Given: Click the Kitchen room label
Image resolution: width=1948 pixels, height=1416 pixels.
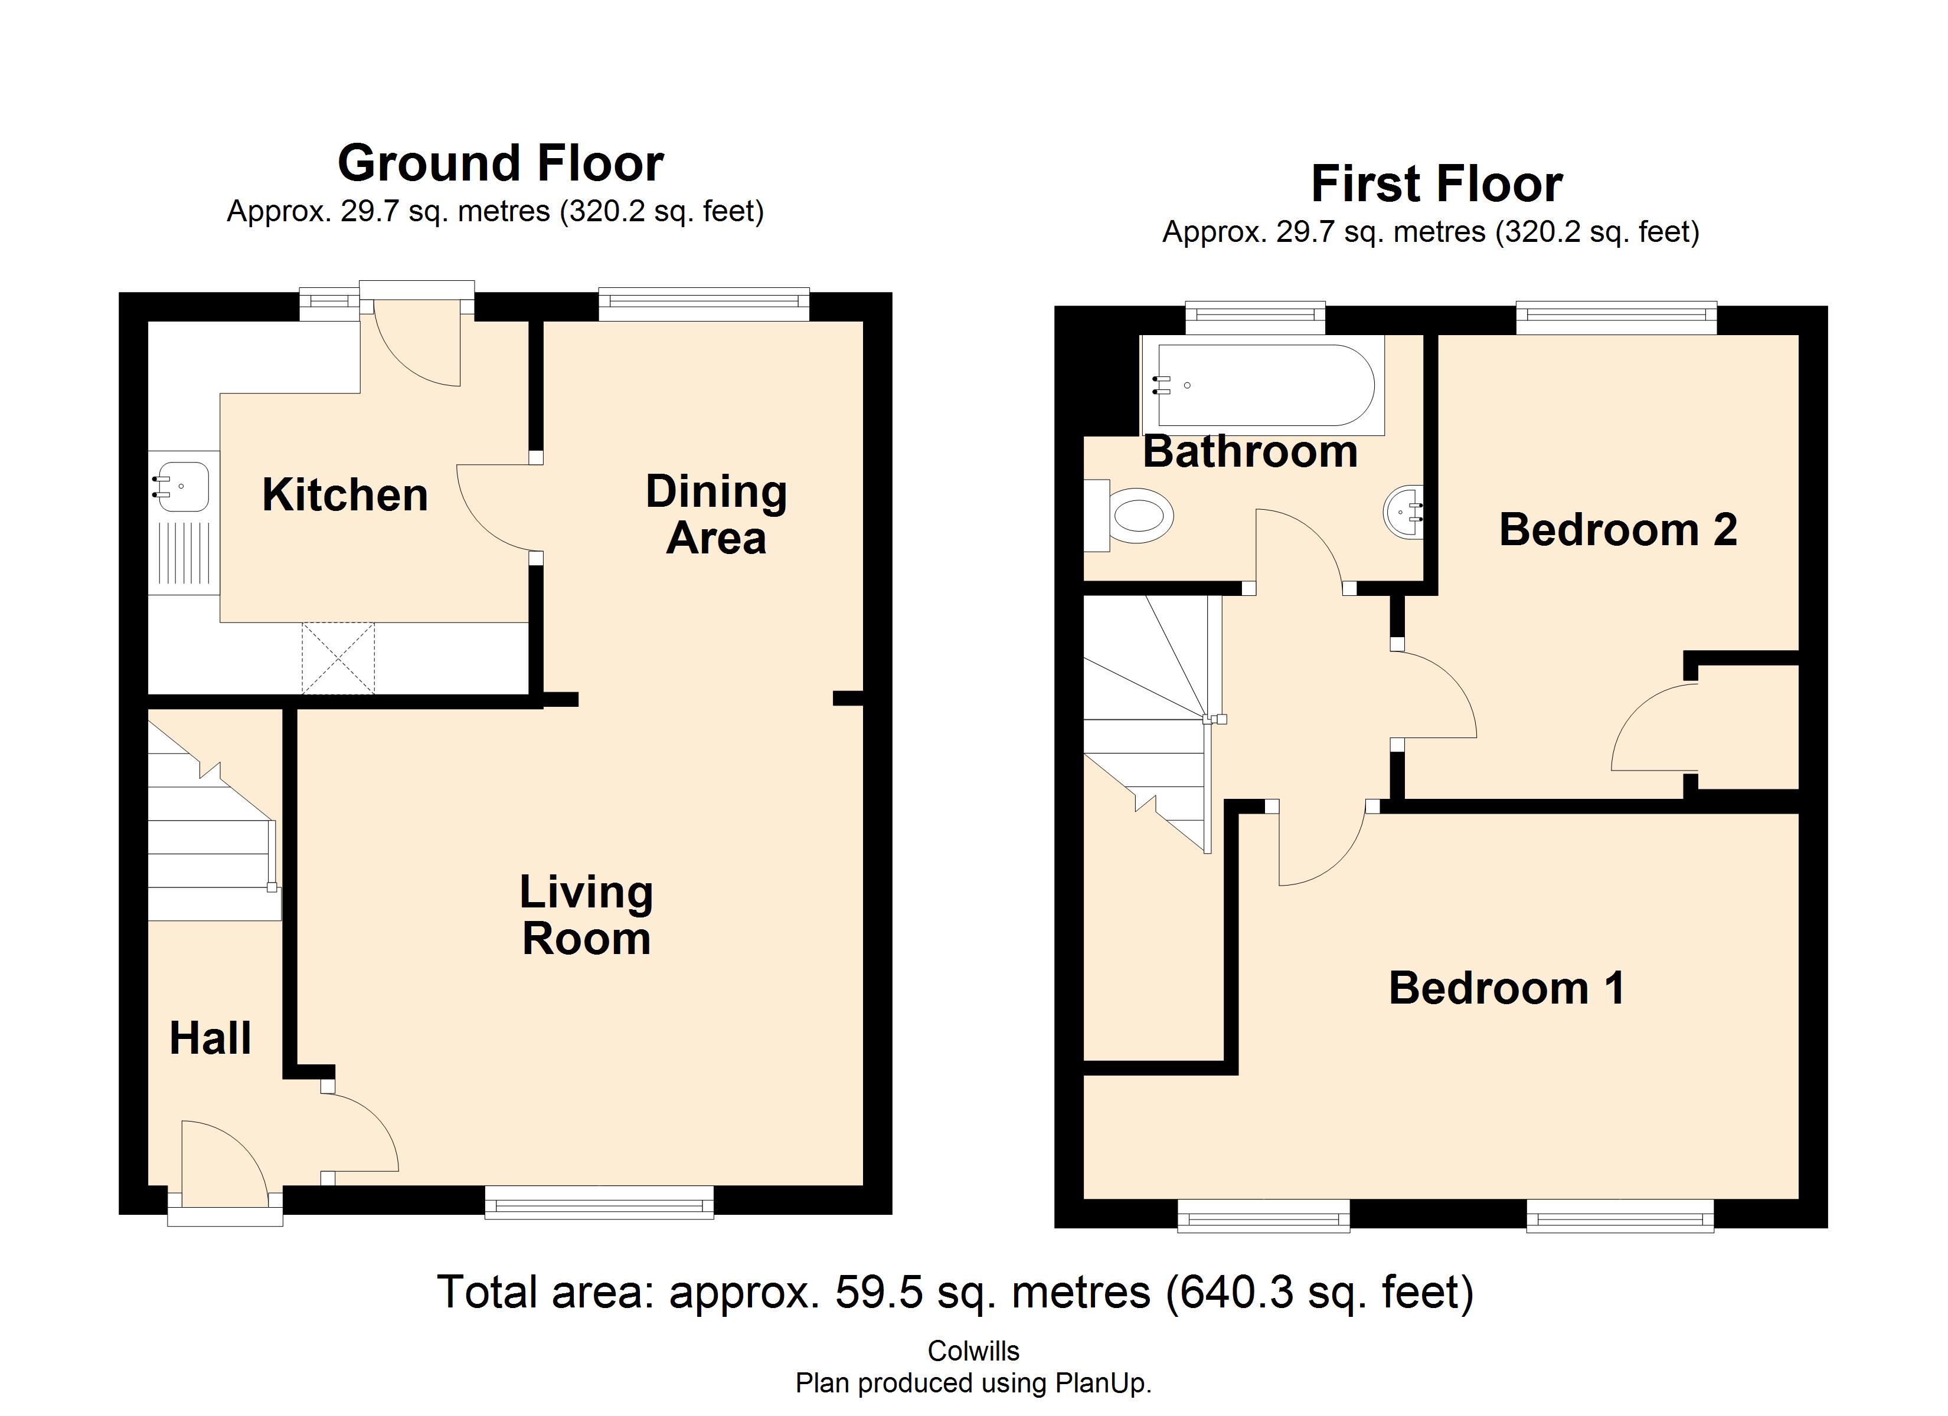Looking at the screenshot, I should pos(344,496).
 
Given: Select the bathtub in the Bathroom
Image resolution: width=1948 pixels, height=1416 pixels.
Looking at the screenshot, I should pos(1263,385).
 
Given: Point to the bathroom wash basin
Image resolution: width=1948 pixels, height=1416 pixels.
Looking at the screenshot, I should pos(1404,513).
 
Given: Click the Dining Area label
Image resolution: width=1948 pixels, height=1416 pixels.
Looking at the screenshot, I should pos(715,515).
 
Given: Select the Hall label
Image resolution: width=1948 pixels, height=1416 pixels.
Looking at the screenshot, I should pos(210,1038).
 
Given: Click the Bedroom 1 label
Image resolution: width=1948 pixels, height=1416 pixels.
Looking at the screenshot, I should pos(1506,988).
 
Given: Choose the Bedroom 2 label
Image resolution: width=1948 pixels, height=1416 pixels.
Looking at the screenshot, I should pos(1618,529).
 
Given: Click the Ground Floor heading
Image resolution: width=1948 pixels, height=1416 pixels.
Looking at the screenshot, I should pos(500,163).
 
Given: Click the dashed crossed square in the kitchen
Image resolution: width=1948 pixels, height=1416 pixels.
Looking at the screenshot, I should pos(338,658).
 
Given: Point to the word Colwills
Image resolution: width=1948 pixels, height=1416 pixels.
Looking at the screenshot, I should pos(973,1351).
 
